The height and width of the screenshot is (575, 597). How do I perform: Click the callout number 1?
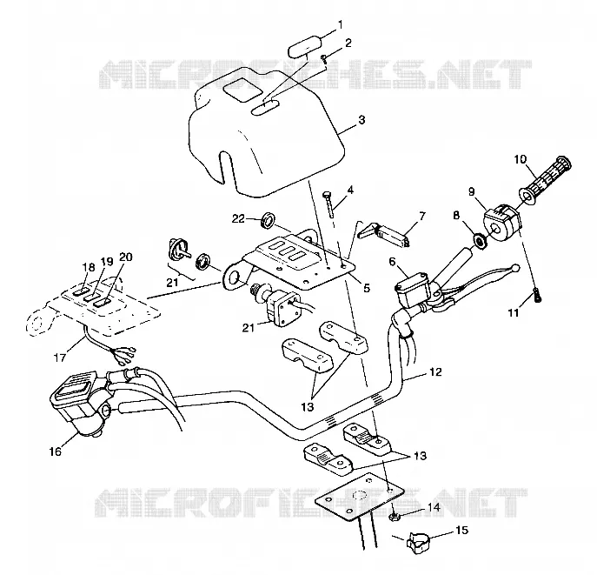click(x=341, y=25)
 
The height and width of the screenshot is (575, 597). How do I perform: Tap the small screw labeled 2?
click(x=324, y=58)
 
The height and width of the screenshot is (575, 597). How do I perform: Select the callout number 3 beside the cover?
click(x=362, y=120)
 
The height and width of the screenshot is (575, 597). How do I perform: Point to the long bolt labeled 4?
click(x=328, y=204)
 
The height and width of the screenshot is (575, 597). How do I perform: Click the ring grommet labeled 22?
click(x=269, y=220)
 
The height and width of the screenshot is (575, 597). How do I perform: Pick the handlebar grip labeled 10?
click(x=545, y=176)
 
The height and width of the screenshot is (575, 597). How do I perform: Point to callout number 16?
click(x=56, y=452)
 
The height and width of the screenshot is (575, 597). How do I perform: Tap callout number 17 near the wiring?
click(x=60, y=358)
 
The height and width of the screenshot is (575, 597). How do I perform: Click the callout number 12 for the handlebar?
click(x=435, y=371)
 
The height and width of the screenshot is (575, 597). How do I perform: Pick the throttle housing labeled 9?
click(x=501, y=222)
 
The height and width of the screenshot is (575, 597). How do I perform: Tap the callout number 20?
click(x=126, y=257)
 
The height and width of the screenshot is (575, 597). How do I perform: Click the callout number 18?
click(x=89, y=267)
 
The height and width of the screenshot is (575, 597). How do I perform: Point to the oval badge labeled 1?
click(x=305, y=50)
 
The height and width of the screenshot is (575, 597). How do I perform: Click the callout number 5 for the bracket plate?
click(x=366, y=288)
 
